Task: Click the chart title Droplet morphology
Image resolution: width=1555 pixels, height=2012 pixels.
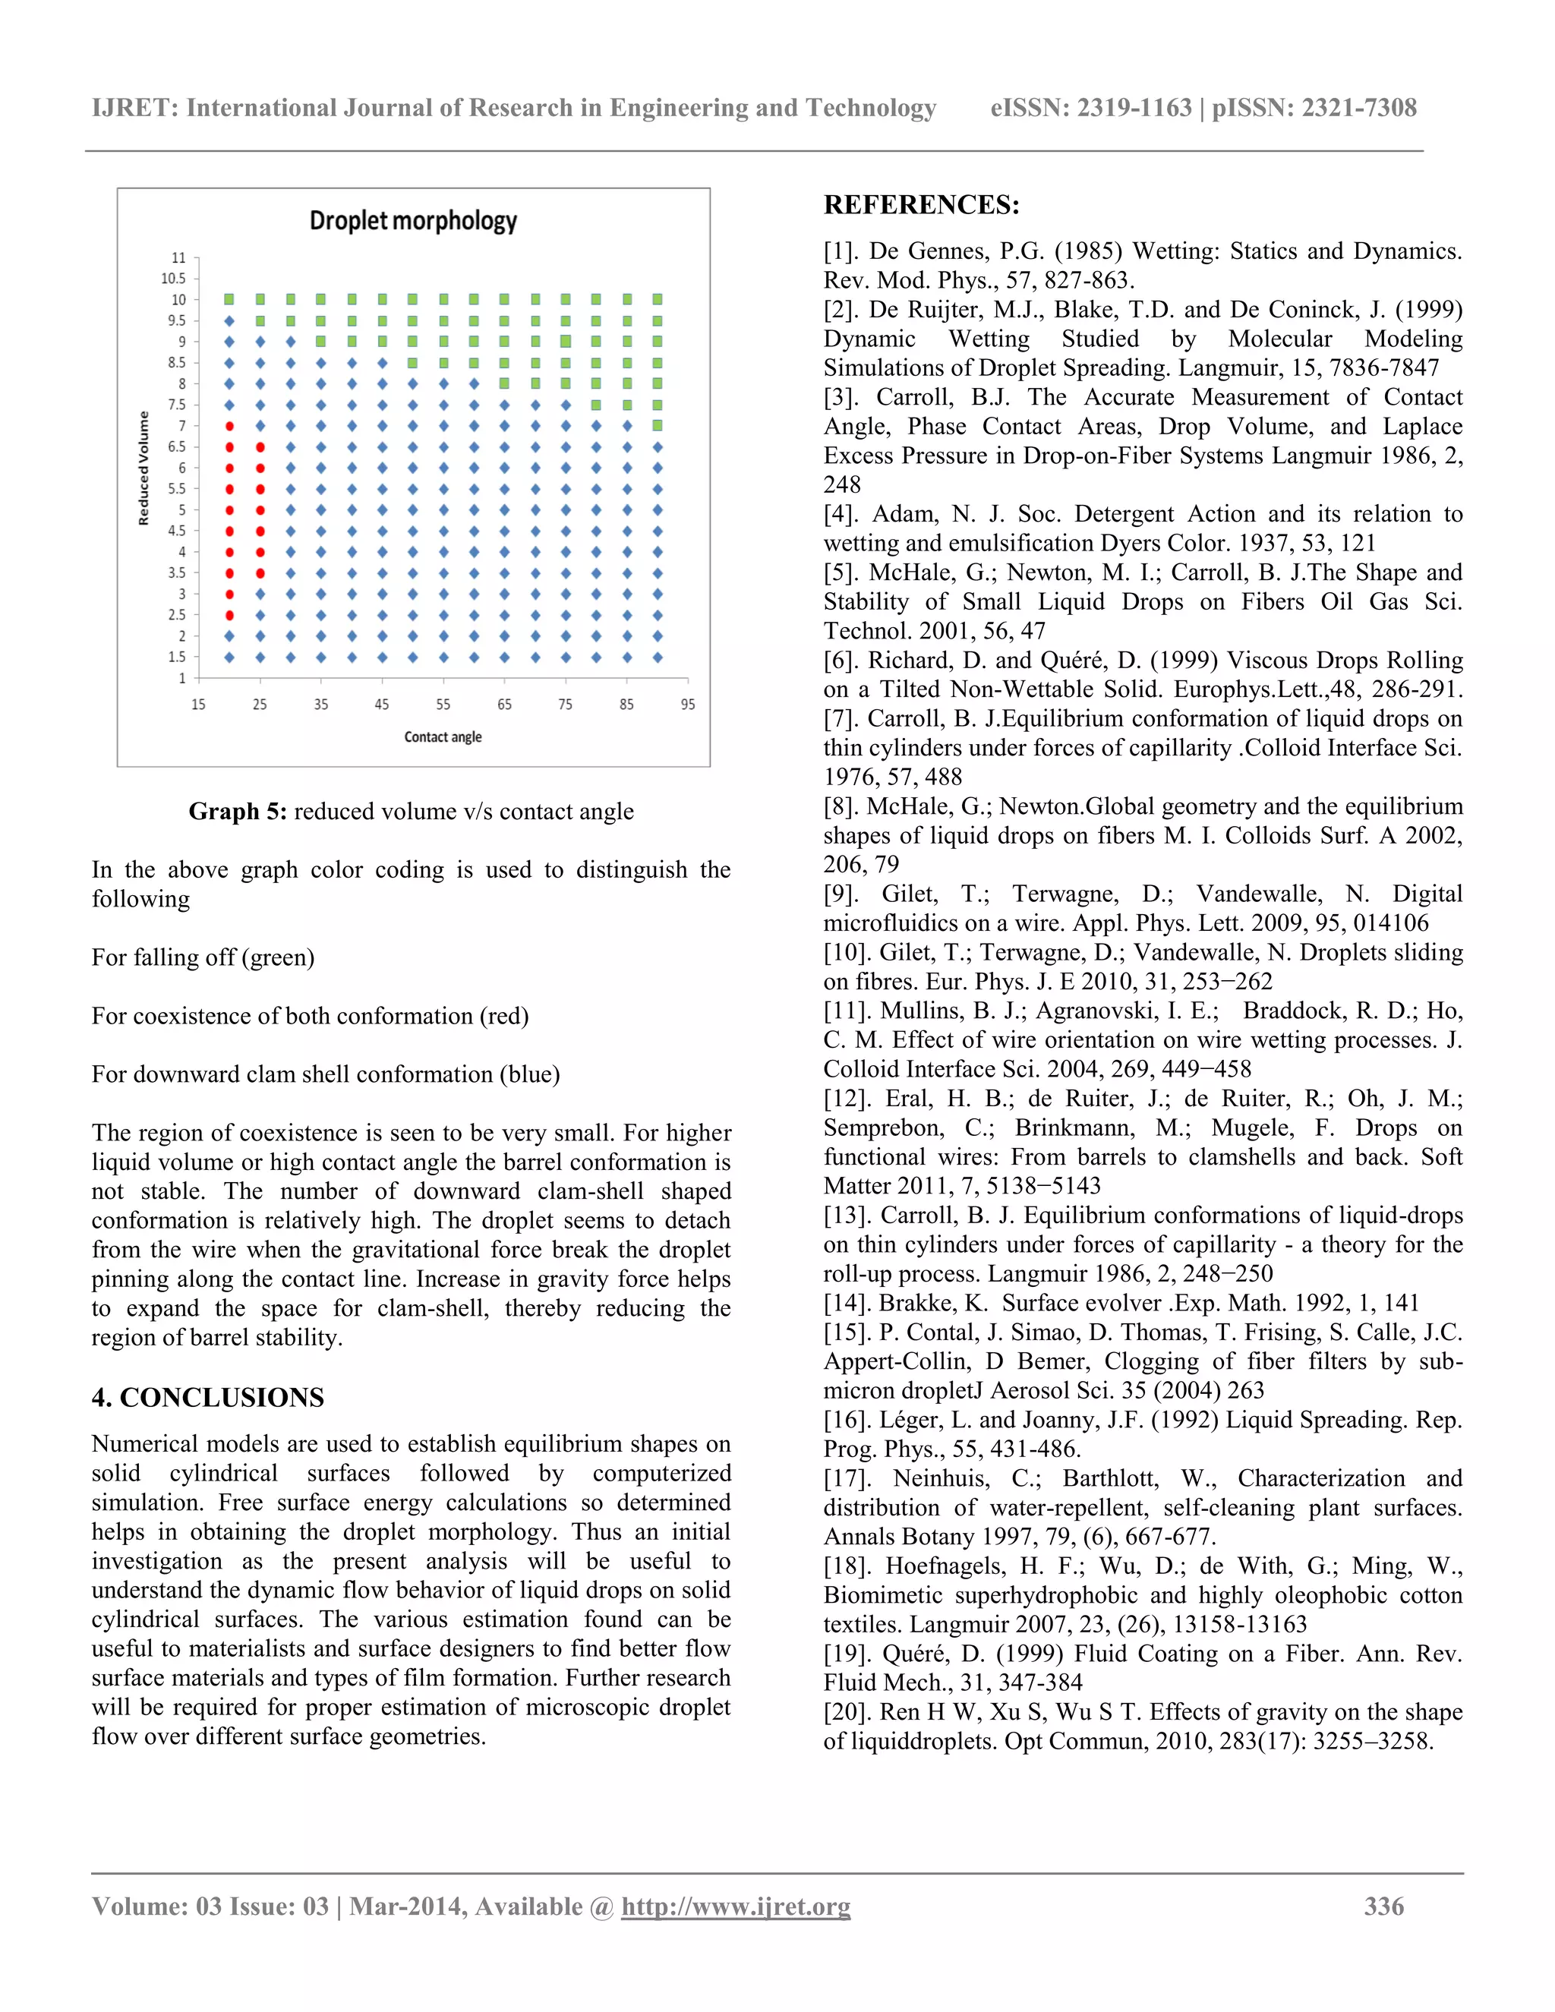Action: [x=413, y=221]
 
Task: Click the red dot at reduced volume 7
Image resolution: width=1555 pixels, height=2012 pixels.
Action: [x=229, y=426]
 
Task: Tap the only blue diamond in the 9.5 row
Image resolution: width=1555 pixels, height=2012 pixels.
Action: [x=229, y=320]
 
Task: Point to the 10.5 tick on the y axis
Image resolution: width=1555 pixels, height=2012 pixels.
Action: [x=173, y=278]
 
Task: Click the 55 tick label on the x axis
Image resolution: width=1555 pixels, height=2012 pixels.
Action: [x=443, y=705]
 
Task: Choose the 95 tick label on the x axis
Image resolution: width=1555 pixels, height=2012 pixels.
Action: [x=687, y=705]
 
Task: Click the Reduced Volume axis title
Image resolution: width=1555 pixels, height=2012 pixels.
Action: [x=144, y=468]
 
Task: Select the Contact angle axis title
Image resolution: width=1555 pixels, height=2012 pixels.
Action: [x=443, y=737]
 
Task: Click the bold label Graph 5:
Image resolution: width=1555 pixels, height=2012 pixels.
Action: [x=238, y=812]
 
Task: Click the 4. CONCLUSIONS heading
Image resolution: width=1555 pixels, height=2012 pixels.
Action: [x=207, y=1398]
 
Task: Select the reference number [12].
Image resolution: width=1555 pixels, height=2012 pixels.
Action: [x=846, y=1099]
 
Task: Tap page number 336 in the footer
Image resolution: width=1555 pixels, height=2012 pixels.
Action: [x=1383, y=1906]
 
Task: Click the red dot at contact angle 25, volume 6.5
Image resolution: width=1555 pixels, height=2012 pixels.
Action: [x=260, y=446]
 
